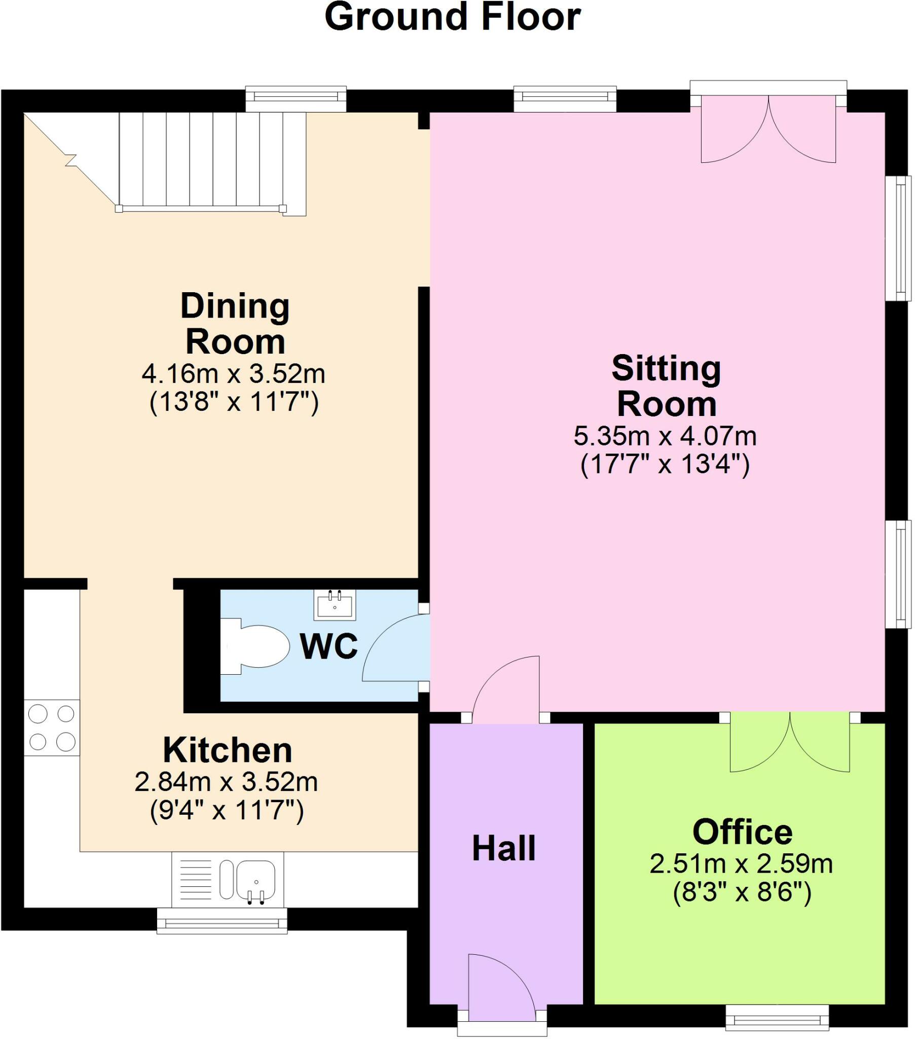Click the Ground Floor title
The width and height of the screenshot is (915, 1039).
coord(452,17)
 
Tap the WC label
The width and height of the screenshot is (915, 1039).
coord(329,646)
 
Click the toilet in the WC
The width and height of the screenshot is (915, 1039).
coord(254,646)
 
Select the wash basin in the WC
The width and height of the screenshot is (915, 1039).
coord(335,605)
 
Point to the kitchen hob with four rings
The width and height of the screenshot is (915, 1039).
coord(52,728)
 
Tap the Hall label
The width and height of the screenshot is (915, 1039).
coord(503,848)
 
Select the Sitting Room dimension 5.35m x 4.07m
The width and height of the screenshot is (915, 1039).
coord(665,436)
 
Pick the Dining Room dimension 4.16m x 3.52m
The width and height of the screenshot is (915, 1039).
coord(233,374)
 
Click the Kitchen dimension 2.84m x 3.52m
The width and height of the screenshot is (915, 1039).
coord(226,782)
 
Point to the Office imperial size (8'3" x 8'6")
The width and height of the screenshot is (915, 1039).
coord(742,891)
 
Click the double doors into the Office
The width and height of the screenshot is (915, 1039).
coord(789,743)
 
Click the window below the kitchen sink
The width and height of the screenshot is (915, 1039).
coord(222,922)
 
